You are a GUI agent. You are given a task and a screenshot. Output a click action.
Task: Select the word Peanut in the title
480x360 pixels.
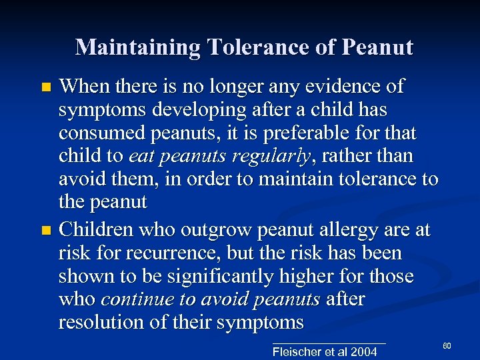click(x=377, y=47)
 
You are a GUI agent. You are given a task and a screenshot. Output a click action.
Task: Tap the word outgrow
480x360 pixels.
click(x=207, y=230)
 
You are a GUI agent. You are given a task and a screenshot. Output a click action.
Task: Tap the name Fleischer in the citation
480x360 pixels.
click(x=297, y=351)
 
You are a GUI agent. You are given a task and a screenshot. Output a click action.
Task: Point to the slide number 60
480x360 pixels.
click(x=447, y=345)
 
